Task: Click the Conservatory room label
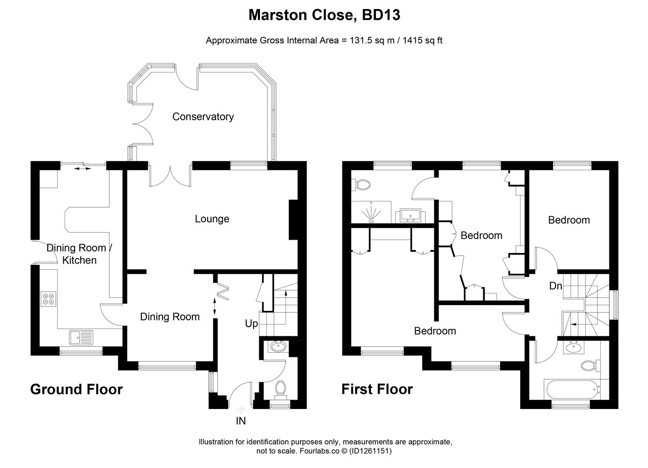[x=203, y=117]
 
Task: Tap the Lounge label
[x=212, y=219]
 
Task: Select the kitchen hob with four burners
[x=48, y=299]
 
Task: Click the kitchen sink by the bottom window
[x=81, y=336]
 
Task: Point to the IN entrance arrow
[x=241, y=409]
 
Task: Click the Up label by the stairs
[x=251, y=324]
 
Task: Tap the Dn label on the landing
[x=556, y=286]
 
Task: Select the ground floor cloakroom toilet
[x=280, y=388]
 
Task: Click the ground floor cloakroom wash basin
[x=277, y=347]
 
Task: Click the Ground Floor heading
[x=76, y=389]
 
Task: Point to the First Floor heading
[x=377, y=389]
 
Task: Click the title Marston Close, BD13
[x=324, y=15]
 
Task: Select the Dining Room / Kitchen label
[x=79, y=254]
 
